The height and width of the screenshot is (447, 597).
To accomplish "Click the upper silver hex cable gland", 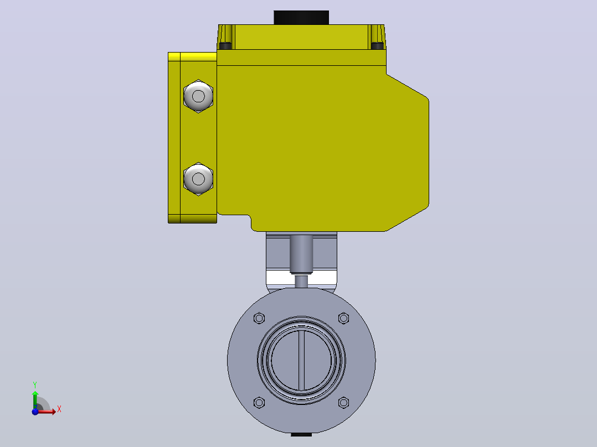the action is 198,96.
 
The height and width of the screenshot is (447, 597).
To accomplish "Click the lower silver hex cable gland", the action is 198,179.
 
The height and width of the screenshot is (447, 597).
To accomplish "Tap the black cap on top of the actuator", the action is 301,18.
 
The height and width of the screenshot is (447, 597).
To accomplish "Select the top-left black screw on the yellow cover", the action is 225,46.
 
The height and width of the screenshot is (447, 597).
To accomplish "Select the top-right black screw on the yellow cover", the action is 377,46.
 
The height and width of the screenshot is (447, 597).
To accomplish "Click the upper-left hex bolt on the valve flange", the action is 259,318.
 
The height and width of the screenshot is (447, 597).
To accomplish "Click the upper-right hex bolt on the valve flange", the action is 343,318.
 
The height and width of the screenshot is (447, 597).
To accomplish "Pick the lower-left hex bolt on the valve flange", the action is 259,403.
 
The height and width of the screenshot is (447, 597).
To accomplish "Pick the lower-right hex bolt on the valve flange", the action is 343,403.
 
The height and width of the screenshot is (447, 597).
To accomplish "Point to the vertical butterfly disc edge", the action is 301,360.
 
